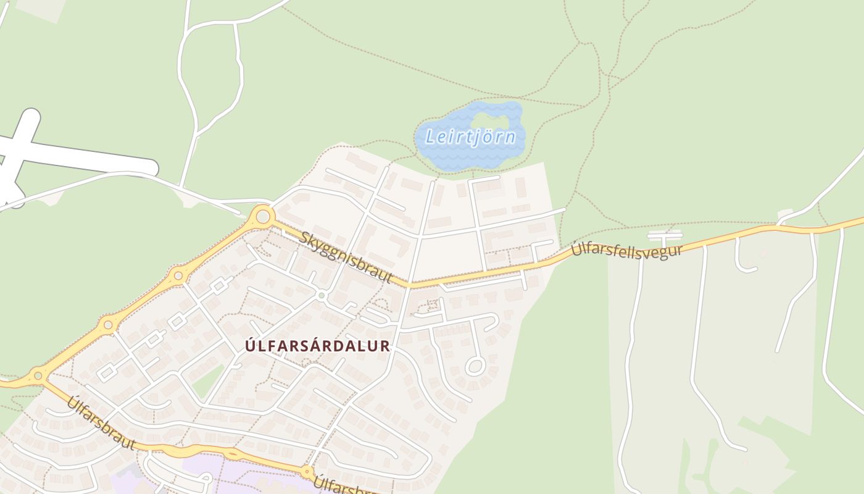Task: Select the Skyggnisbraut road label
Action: (347, 256)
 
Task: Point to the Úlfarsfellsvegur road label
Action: (627, 249)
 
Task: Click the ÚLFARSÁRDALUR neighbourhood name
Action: (318, 346)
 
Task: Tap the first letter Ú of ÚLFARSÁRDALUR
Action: (250, 346)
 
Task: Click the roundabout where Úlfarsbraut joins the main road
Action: (38, 374)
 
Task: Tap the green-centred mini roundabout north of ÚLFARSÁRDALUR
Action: (321, 296)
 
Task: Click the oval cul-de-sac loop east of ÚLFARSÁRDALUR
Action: (475, 366)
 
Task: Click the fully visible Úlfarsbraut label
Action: (101, 422)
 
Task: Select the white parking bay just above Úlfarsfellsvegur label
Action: (665, 235)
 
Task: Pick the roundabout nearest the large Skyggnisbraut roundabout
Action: (178, 275)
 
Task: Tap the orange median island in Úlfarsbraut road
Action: (233, 454)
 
